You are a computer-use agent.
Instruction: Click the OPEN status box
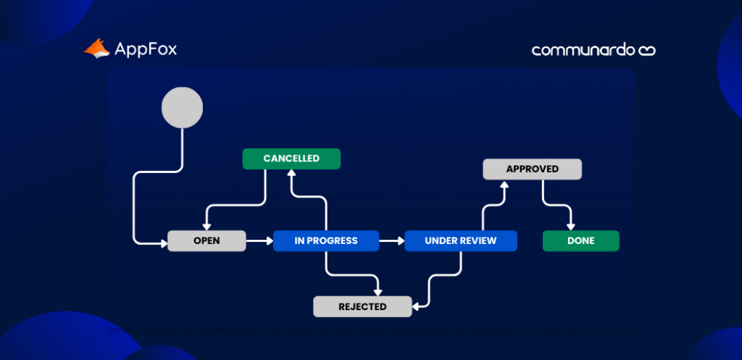(x=207, y=240)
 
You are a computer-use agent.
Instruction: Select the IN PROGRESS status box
(x=326, y=240)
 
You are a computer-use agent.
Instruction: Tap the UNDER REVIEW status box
(x=461, y=240)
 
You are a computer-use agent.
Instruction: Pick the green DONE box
(x=581, y=240)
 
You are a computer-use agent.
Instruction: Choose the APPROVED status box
(x=533, y=169)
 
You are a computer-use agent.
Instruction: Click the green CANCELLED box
(x=291, y=158)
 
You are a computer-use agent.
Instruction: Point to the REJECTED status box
(x=362, y=306)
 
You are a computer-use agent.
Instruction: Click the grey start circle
(x=182, y=107)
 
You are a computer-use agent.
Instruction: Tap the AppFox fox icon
(x=96, y=49)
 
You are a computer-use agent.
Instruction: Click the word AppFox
(x=146, y=49)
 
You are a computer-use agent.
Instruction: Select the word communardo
(x=583, y=50)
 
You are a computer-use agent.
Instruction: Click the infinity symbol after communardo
(x=646, y=50)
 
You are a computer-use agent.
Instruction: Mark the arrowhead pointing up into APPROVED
(x=506, y=185)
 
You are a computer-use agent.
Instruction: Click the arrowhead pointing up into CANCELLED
(x=291, y=174)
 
